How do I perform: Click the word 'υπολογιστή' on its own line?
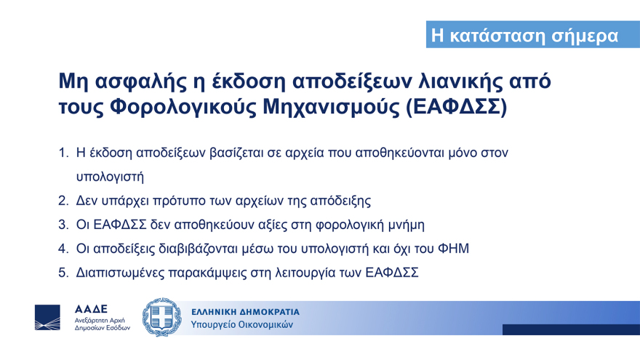[110, 177]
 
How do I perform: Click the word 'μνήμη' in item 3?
[405, 225]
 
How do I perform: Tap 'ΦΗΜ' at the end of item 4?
[453, 249]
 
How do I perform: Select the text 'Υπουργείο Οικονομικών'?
[242, 324]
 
